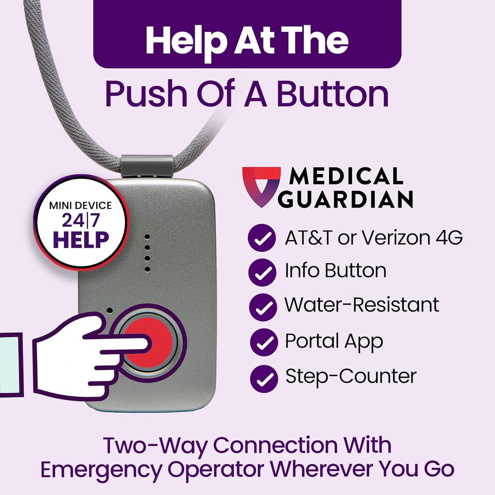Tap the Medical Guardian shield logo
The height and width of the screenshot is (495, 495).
pyautogui.click(x=261, y=185)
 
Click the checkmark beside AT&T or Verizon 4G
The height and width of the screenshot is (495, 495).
pyautogui.click(x=262, y=238)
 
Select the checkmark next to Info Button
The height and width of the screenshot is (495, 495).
pyautogui.click(x=262, y=272)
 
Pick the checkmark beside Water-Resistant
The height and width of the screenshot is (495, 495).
pyautogui.click(x=263, y=307)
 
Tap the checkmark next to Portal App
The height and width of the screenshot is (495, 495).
pyautogui.click(x=264, y=343)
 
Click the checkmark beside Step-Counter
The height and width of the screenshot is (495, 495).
pyautogui.click(x=264, y=379)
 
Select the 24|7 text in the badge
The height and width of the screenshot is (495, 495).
pyautogui.click(x=81, y=220)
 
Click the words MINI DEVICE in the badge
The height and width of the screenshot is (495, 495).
pyautogui.click(x=81, y=206)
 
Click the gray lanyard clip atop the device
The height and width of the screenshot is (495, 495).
pyautogui.click(x=147, y=166)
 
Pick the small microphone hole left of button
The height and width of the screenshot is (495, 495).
pyautogui.click(x=110, y=310)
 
